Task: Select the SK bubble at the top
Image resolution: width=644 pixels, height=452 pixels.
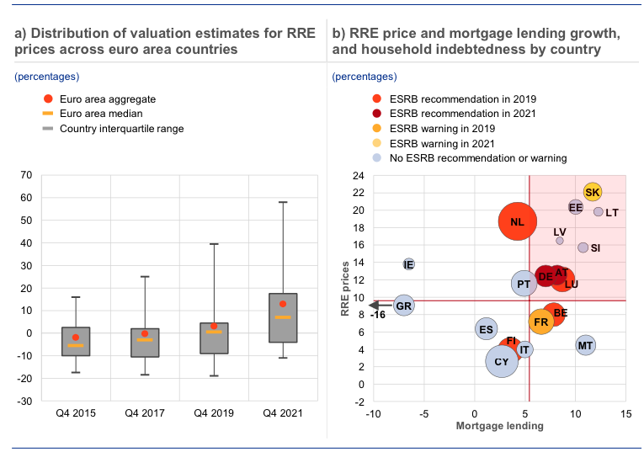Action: click(593, 192)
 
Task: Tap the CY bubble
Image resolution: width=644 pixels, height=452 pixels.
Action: click(502, 362)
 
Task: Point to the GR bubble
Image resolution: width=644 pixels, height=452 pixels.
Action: click(404, 306)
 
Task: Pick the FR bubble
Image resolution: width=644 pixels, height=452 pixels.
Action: click(541, 322)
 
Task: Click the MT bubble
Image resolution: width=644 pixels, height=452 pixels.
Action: click(586, 345)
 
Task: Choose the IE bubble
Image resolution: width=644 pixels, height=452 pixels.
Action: click(409, 264)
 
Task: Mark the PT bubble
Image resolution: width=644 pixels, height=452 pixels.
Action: click(524, 284)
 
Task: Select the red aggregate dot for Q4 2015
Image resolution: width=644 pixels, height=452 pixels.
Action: click(76, 338)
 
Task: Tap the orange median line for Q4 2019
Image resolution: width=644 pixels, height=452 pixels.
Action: click(214, 332)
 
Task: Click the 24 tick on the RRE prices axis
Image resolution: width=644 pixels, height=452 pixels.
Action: click(358, 176)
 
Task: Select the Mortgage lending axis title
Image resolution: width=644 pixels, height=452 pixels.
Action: click(499, 426)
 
